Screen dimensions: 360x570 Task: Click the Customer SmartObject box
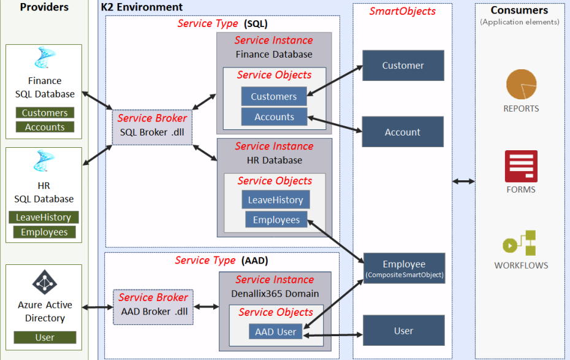tap(403, 66)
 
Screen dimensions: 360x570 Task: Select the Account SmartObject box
tap(403, 132)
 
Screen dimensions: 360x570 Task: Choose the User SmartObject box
tap(403, 331)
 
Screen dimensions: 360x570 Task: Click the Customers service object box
tap(273, 96)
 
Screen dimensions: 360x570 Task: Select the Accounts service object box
tap(274, 117)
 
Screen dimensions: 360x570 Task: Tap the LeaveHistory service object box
tap(275, 199)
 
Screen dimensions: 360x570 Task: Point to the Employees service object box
tap(276, 220)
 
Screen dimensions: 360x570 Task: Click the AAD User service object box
tap(276, 332)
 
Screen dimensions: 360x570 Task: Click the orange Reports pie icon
tap(521, 85)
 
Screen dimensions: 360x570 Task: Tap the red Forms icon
tap(521, 166)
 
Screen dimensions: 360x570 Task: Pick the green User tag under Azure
tap(45, 337)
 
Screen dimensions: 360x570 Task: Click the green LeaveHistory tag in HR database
tap(43, 217)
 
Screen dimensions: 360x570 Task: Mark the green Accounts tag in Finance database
tap(45, 127)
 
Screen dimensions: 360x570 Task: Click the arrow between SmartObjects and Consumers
tap(463, 181)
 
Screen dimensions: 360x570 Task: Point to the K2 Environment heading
tap(142, 7)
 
